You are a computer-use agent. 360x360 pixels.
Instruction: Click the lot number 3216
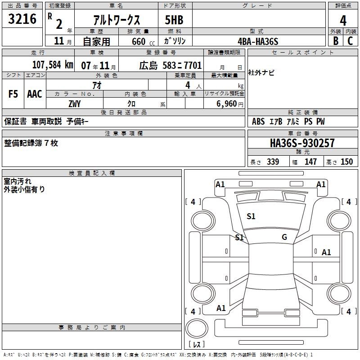tap(22, 19)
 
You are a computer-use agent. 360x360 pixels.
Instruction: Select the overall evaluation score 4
tap(343, 21)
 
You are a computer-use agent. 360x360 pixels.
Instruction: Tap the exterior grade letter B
tap(336, 41)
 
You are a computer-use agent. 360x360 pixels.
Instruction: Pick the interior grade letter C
tap(350, 41)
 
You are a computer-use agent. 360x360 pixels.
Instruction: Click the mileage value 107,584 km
tap(53, 65)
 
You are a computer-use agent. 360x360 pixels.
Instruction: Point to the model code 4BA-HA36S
tap(258, 41)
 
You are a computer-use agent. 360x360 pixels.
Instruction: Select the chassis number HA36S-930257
tap(302, 143)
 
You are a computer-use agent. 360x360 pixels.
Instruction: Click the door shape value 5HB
tap(174, 20)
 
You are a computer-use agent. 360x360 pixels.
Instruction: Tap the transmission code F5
tap(13, 94)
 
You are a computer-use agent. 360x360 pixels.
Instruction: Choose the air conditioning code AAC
tap(35, 94)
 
